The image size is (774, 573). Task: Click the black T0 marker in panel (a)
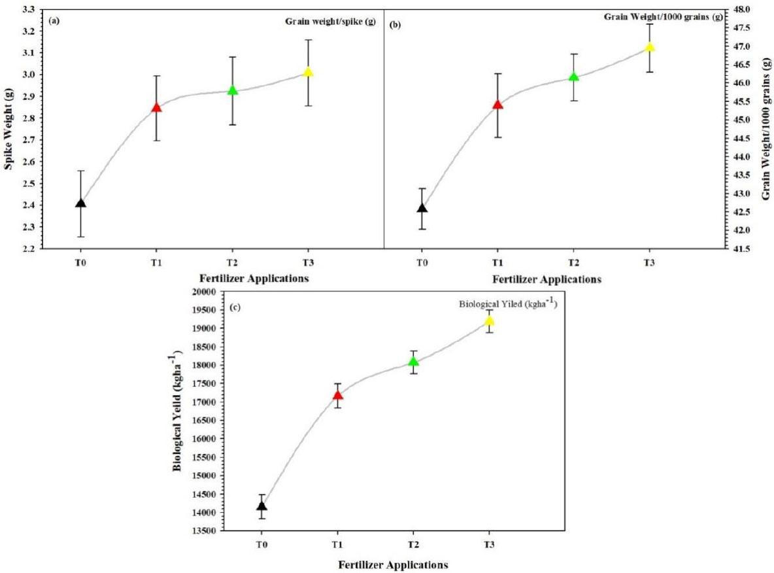[80, 203]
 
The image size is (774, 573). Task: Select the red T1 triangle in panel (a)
[156, 107]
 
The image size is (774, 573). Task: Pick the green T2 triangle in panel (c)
[413, 361]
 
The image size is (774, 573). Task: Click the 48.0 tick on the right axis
[745, 9]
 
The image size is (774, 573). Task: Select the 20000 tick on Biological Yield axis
[205, 292]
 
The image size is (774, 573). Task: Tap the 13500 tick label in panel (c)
[205, 531]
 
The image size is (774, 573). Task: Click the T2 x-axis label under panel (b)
[573, 262]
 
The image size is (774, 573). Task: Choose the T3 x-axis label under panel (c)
[488, 544]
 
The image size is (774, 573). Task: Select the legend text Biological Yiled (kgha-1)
[505, 304]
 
